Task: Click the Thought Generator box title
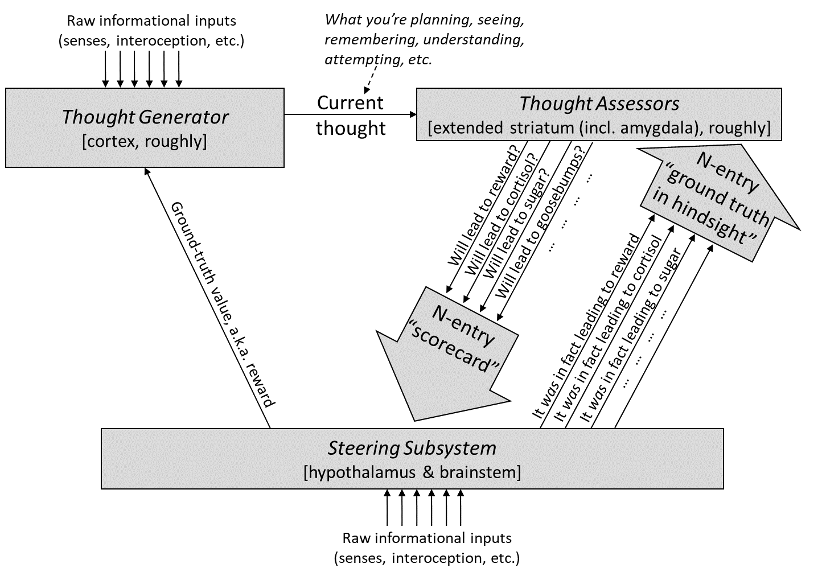click(x=145, y=117)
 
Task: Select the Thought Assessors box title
click(x=599, y=104)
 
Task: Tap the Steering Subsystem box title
click(x=412, y=448)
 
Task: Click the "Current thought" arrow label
click(x=351, y=116)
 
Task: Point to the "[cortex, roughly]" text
click(x=145, y=141)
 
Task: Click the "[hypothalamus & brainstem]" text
click(x=412, y=472)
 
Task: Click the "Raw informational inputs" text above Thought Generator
click(x=151, y=21)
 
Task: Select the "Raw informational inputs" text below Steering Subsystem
click(x=427, y=538)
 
